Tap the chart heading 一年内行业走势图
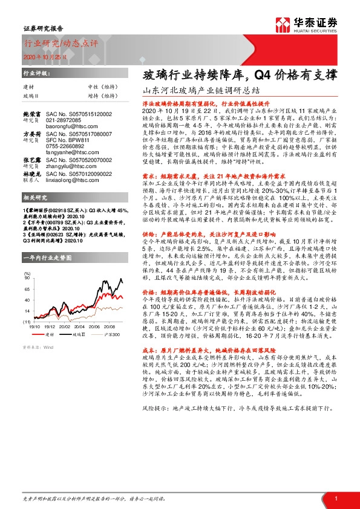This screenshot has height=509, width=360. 47,258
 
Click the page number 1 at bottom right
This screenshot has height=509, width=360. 336,498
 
